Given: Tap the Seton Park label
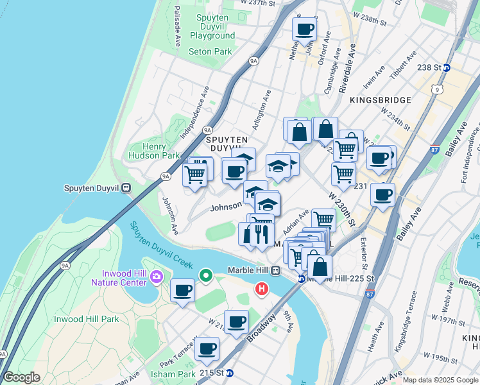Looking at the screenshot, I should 210,51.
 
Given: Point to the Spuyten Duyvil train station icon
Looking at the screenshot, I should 126,188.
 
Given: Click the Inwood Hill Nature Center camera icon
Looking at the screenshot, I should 157,277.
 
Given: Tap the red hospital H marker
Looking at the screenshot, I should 261,289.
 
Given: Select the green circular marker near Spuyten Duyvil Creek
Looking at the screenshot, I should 206,276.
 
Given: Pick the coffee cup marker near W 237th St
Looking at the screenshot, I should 305,29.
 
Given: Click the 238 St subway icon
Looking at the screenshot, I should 447,67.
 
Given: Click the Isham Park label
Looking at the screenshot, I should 167,374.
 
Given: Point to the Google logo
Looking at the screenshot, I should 21,377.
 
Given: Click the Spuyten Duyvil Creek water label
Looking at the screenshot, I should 161,246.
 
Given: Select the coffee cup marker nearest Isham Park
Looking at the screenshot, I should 207,349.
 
